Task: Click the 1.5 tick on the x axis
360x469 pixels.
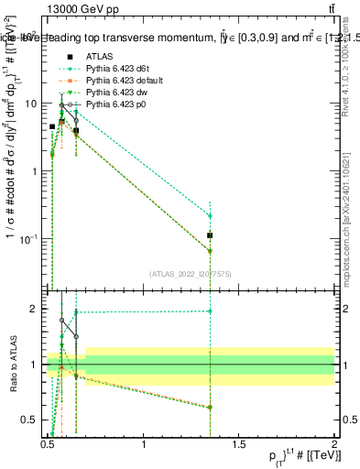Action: [239, 445]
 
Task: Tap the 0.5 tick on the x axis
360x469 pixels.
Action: [49, 445]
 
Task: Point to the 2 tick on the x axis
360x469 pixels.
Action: [334, 445]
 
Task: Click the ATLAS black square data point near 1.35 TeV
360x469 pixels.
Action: [210, 235]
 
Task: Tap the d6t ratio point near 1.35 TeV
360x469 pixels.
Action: [210, 311]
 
